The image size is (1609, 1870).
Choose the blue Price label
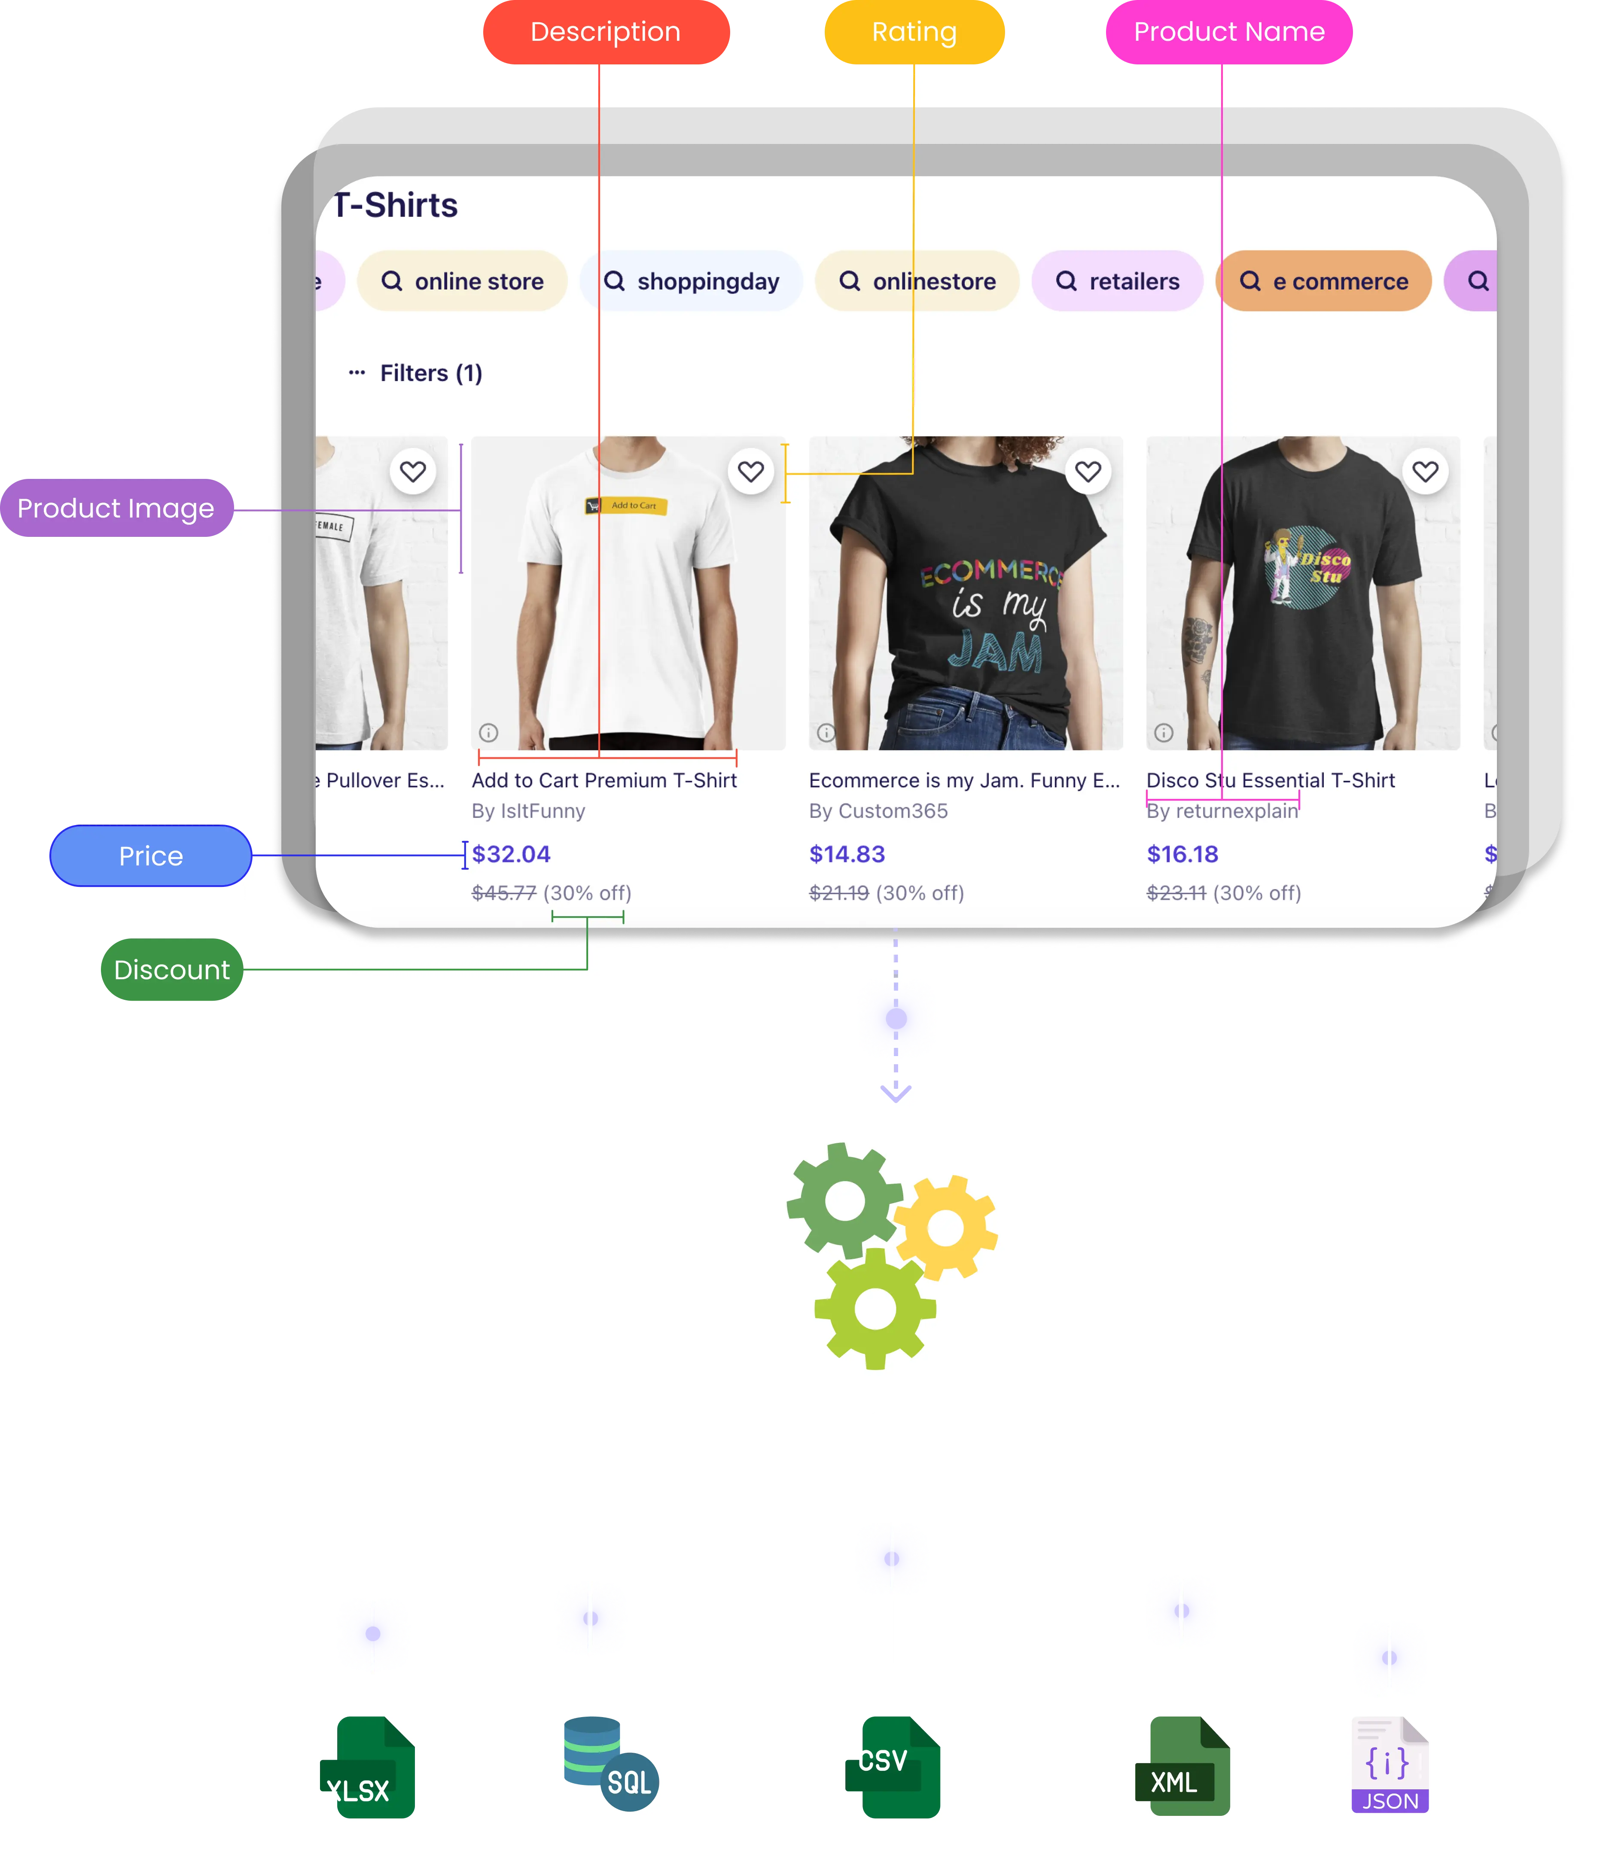(x=151, y=856)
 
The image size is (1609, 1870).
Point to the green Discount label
(x=171, y=969)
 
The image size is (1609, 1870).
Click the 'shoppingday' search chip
(x=691, y=282)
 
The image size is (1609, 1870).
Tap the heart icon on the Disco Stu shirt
(x=1425, y=471)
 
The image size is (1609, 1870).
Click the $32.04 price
(x=511, y=854)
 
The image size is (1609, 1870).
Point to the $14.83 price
(x=847, y=854)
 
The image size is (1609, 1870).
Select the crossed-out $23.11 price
(x=1176, y=892)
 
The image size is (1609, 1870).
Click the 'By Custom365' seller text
(x=878, y=810)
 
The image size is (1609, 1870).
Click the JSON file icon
(x=1390, y=1764)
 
